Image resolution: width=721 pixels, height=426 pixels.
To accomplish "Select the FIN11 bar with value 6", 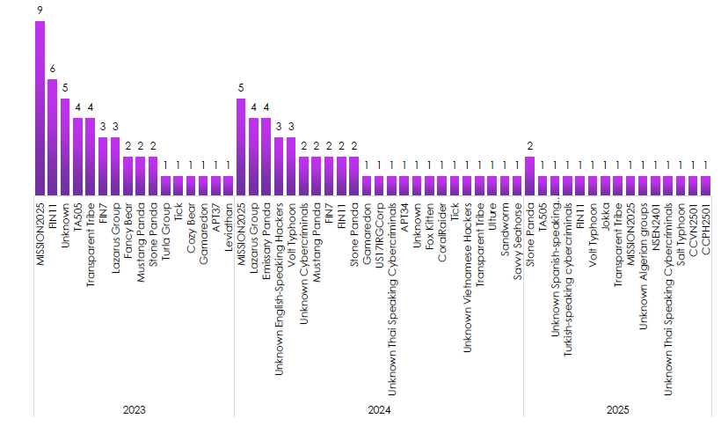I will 52,136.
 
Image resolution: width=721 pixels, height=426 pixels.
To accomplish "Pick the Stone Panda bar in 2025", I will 529,175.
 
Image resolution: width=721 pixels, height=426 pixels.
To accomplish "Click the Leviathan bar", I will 229,185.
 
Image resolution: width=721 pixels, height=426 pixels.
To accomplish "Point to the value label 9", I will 40,11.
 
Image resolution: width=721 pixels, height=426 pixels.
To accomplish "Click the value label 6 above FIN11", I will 52,70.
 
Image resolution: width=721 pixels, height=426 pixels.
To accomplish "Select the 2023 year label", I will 134,410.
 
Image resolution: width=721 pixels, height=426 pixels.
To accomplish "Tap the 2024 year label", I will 379,410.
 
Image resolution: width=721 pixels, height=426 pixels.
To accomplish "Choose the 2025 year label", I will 618,410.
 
